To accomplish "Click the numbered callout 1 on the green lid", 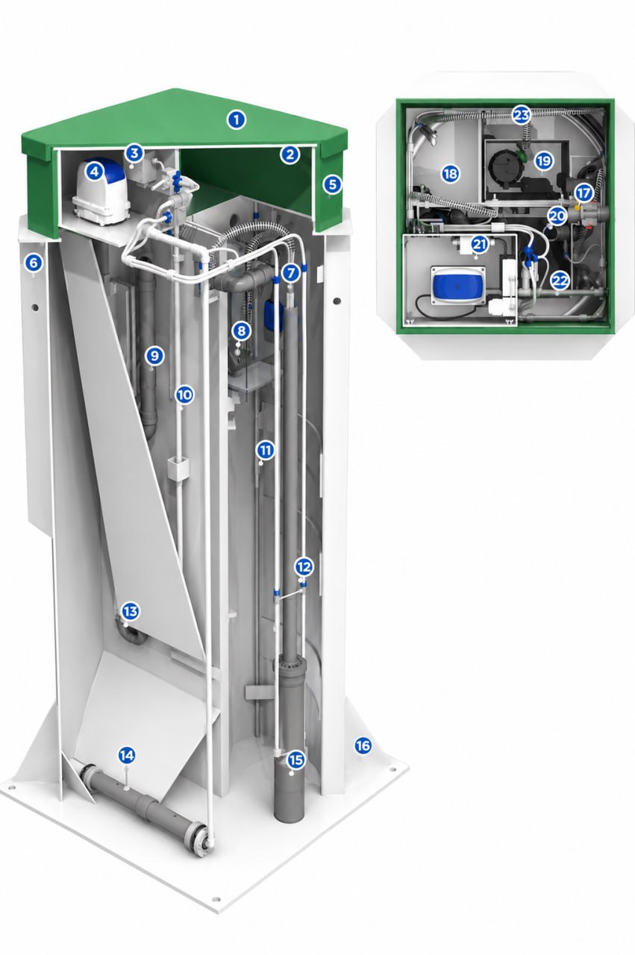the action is (x=237, y=120).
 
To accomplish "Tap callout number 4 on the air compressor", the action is (x=94, y=172).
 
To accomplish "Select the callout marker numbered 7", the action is (x=291, y=273).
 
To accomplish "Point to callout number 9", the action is (x=154, y=355).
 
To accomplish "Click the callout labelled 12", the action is (x=304, y=566).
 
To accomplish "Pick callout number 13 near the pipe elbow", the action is (x=131, y=611).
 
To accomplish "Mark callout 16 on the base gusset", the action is (x=363, y=745).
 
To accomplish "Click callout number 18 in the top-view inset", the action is (x=451, y=174).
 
